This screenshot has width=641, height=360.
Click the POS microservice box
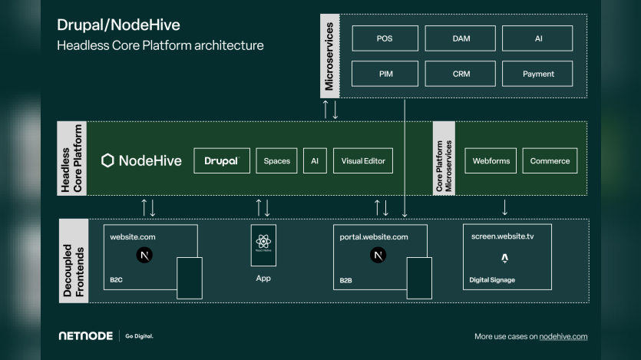(x=385, y=38)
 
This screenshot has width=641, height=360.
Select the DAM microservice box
(x=460, y=38)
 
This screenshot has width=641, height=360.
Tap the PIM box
(x=385, y=74)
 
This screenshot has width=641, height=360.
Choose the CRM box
(x=460, y=74)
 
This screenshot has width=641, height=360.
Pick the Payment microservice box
(x=537, y=74)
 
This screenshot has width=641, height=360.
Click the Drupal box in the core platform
(x=222, y=160)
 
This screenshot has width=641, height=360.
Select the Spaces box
(x=276, y=160)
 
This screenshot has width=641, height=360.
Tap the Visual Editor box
(x=362, y=160)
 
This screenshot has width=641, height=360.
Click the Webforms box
(x=491, y=160)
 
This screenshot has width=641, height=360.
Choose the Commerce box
(x=550, y=160)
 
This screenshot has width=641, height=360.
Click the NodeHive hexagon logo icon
(x=108, y=160)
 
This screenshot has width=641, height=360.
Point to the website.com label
(x=133, y=237)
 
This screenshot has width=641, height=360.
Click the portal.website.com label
(x=374, y=237)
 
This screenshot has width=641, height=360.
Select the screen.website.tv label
(x=502, y=237)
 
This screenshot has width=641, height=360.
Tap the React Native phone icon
(x=263, y=245)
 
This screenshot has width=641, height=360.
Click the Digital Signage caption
(x=492, y=280)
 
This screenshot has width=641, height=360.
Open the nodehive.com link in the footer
(x=563, y=336)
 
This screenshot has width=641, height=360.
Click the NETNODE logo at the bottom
(x=85, y=336)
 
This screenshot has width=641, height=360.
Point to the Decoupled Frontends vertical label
(x=74, y=260)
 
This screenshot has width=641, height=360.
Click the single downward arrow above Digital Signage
(x=504, y=207)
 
